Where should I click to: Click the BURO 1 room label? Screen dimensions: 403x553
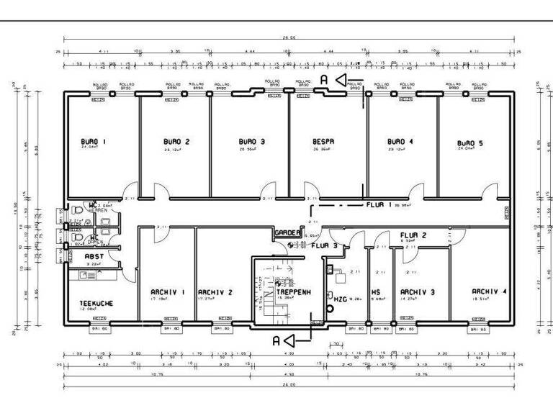pos(94,141)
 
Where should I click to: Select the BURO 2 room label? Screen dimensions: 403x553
pos(176,141)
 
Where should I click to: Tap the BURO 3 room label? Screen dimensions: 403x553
pos(252,142)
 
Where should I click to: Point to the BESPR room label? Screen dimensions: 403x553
pos(323,142)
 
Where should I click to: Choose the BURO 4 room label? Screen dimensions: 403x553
pos(400,141)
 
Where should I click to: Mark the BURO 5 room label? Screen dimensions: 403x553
pos(470,143)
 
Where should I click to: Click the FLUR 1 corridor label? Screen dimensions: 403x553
pos(379,204)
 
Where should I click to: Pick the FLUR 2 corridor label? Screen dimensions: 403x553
pos(413,235)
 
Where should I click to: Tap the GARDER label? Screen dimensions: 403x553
pos(287,232)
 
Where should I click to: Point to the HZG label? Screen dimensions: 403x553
pos(339,297)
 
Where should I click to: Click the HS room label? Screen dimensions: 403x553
pos(376,292)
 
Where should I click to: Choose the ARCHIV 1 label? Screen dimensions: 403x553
pos(168,291)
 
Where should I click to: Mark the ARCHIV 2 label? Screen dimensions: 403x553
pos(215,291)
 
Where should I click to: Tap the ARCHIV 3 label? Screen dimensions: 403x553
pos(418,291)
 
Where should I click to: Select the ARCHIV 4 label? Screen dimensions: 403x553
pos(489,291)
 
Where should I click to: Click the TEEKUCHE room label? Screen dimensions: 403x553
pos(96,303)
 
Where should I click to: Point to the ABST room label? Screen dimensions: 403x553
pos(94,255)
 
